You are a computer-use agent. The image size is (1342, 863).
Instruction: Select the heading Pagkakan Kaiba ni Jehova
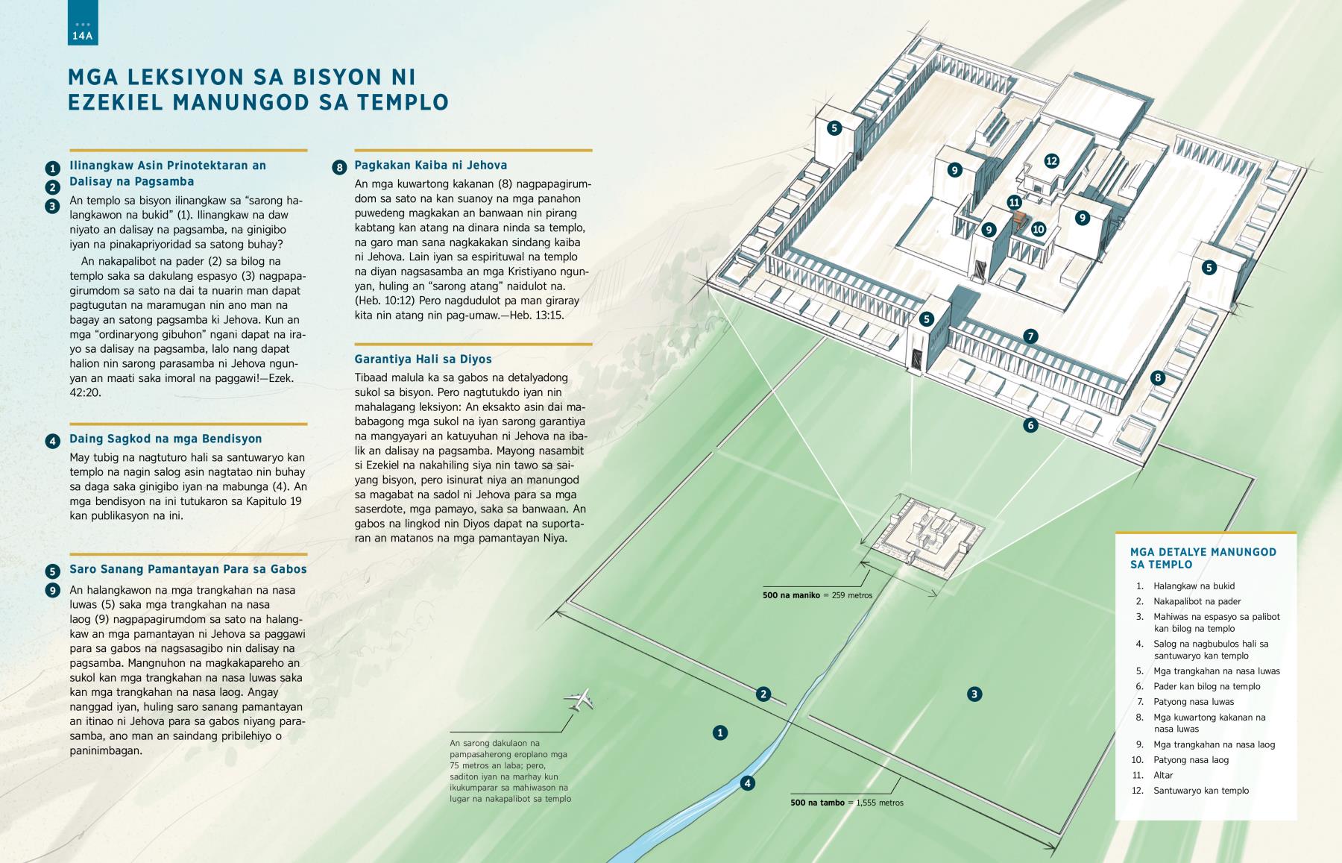click(431, 166)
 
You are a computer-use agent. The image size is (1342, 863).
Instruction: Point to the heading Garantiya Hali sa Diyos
click(423, 359)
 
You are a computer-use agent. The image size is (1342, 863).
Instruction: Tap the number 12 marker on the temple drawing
click(1051, 160)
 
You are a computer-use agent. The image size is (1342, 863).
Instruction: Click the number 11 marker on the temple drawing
click(1014, 202)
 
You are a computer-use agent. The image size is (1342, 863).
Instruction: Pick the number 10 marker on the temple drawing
click(1039, 230)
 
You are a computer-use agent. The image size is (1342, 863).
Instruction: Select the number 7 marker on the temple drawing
click(1030, 336)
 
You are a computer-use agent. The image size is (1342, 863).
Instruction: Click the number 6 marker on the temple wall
click(1030, 426)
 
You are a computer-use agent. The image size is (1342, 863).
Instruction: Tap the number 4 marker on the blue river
click(747, 783)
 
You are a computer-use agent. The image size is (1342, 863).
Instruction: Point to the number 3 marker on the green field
click(974, 694)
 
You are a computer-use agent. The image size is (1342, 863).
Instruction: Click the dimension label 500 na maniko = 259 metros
click(817, 595)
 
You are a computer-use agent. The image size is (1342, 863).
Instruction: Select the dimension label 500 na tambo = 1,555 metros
click(847, 803)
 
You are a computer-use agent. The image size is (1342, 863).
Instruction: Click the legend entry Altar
click(1163, 775)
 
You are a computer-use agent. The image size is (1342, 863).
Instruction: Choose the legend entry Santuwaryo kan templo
click(1200, 791)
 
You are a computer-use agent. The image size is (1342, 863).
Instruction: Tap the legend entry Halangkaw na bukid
click(1194, 586)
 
